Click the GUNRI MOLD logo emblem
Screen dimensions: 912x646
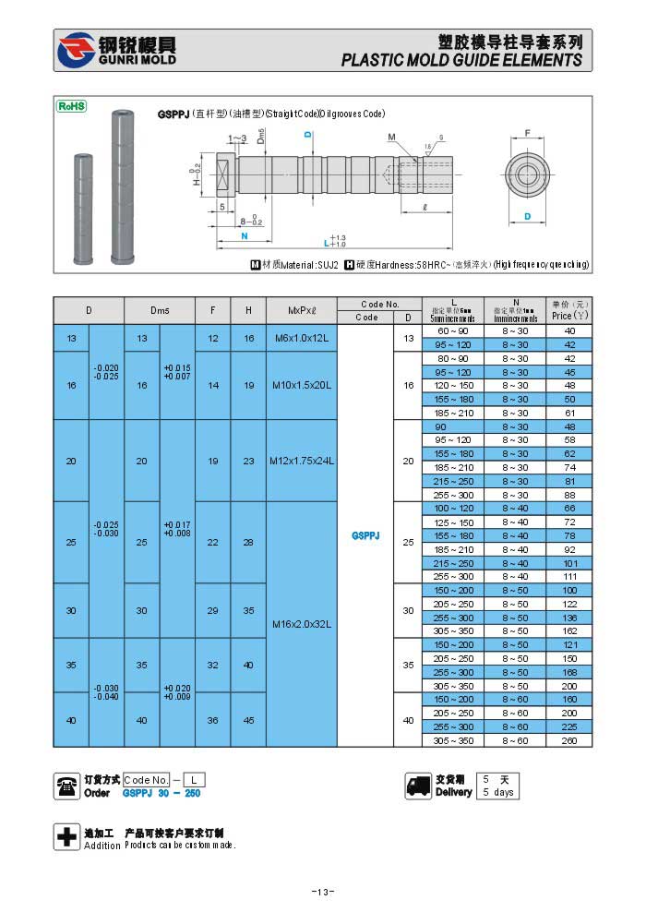point(75,51)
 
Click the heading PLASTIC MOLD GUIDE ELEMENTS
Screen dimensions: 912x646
point(461,60)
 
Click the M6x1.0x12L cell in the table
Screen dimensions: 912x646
point(301,339)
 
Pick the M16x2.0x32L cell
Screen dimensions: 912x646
point(301,624)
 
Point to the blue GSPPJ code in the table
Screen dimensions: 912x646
point(365,535)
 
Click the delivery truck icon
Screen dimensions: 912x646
point(418,786)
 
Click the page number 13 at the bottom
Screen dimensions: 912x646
point(322,892)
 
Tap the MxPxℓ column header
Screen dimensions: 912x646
point(301,311)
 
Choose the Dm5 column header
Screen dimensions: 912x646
point(160,311)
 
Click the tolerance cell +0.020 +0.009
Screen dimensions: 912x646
point(177,692)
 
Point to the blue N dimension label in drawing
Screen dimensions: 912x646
point(244,236)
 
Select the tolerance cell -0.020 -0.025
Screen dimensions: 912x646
point(107,372)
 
